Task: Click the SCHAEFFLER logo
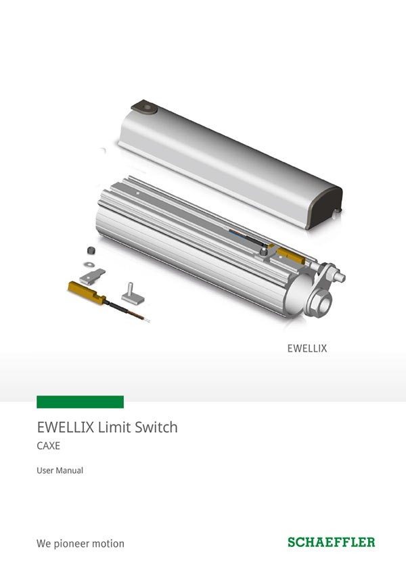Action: point(332,542)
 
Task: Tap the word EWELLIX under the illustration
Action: point(307,348)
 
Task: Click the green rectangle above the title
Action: point(80,402)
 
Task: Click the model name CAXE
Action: point(48,446)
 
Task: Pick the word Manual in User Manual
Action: point(70,471)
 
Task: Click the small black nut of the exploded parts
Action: point(91,251)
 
